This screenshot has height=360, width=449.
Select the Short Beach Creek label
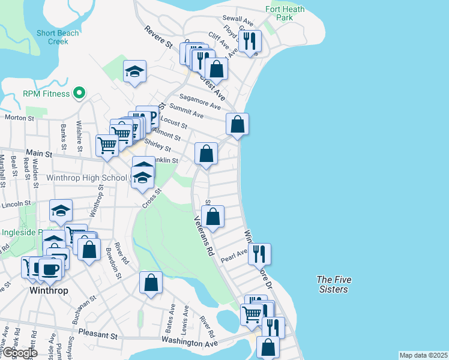click(58, 37)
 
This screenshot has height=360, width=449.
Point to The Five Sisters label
click(334, 284)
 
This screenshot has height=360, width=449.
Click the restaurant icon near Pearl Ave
click(259, 254)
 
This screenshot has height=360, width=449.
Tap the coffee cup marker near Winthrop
click(50, 269)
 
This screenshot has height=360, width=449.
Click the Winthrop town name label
click(48, 290)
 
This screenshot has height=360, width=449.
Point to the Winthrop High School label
click(88, 178)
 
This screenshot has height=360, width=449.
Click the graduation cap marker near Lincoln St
click(61, 211)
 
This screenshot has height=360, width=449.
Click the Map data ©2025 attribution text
click(423, 355)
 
